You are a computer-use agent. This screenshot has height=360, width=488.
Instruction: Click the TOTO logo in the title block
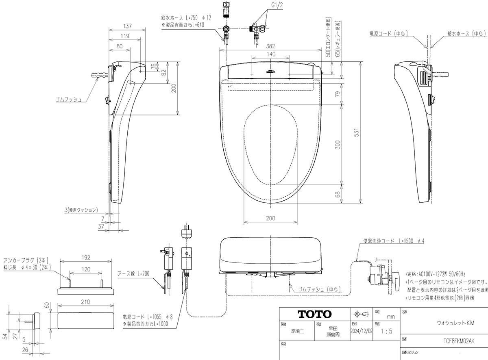(314, 314)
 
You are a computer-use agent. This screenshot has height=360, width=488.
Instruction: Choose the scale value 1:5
(384, 331)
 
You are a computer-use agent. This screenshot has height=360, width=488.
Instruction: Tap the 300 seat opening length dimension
(338, 144)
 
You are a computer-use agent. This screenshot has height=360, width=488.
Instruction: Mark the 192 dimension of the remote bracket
(85, 258)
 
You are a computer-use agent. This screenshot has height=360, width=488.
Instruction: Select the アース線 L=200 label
(133, 273)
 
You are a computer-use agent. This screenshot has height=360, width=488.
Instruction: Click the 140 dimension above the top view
(271, 54)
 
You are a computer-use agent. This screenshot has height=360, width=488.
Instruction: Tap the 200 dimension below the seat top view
(270, 218)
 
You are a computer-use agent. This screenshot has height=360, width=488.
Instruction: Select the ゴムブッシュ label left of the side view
(70, 99)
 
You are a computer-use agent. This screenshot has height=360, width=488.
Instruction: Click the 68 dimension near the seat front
(338, 194)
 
